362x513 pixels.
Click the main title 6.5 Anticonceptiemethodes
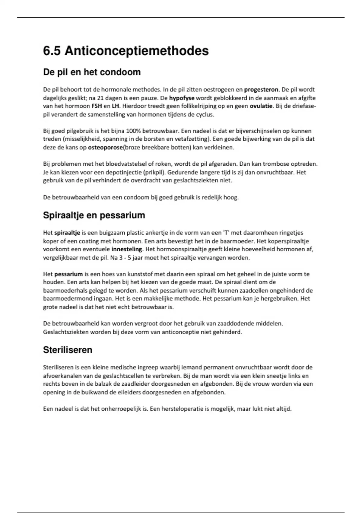[126, 51]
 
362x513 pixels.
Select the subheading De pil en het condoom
[92, 72]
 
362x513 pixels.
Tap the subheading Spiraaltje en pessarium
[94, 215]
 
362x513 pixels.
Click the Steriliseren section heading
[68, 350]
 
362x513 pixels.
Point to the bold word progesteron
[261, 90]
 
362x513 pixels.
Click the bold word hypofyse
[182, 98]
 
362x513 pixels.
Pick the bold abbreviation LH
[115, 106]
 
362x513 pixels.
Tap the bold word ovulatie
[261, 106]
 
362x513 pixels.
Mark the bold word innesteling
[127, 249]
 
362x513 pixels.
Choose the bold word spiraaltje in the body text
[67, 233]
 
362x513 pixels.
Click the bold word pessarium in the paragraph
[68, 274]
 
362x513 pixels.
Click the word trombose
[275, 164]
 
